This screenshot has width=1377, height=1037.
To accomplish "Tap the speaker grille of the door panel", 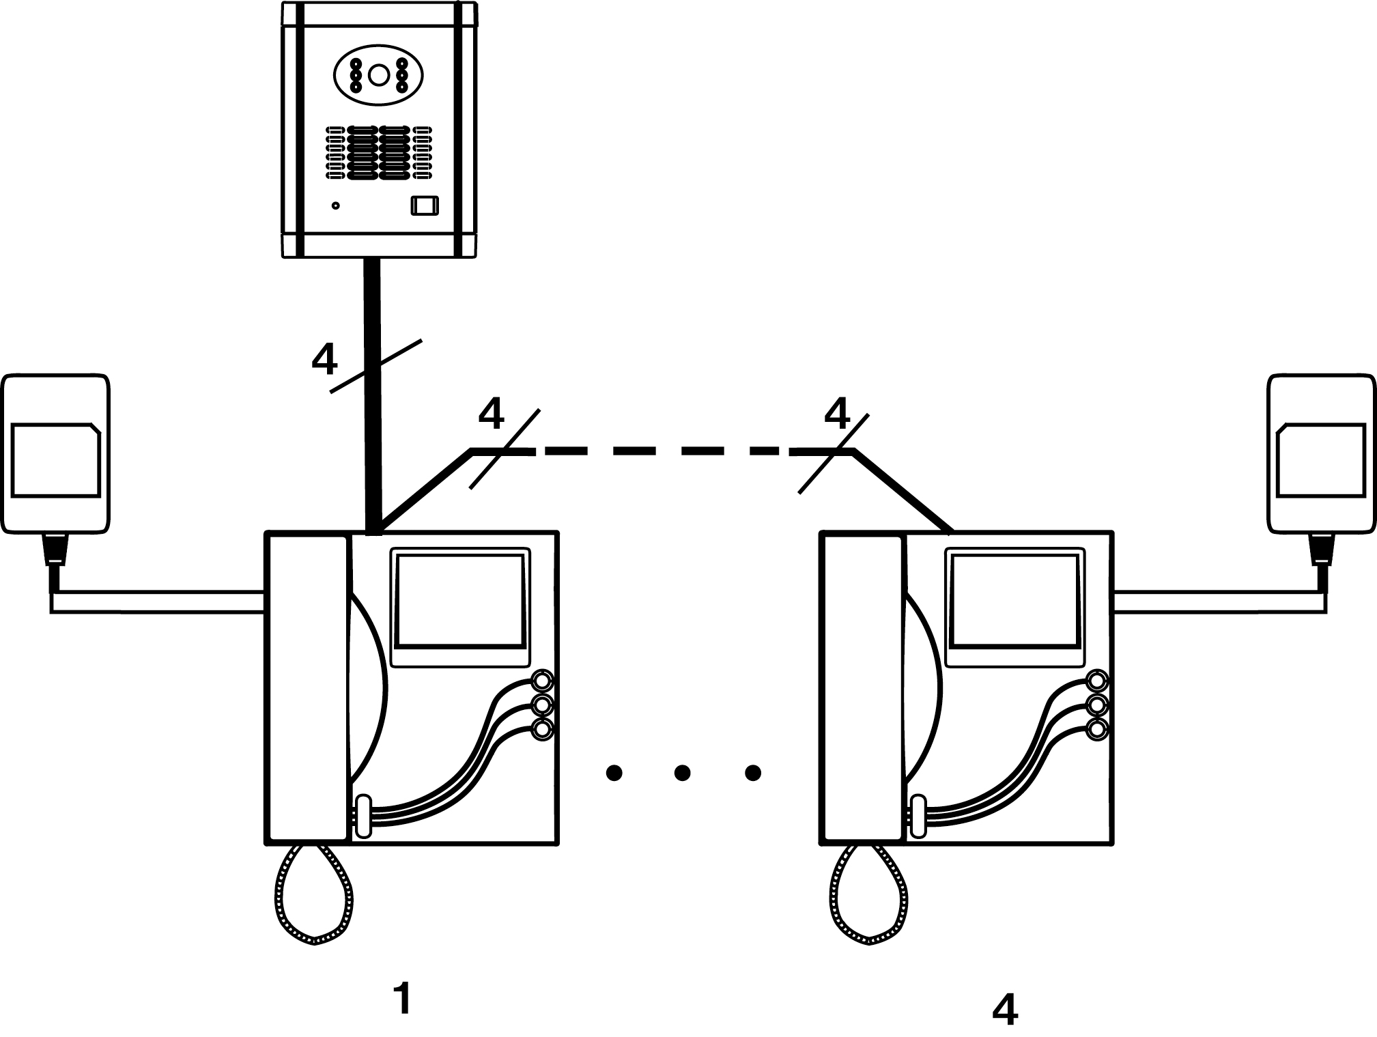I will point(378,152).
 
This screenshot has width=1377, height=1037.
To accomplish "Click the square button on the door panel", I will point(424,206).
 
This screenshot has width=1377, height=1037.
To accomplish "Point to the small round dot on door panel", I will point(335,205).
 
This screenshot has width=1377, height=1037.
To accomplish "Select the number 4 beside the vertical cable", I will point(324,359).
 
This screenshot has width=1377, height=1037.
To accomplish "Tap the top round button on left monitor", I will point(543,681).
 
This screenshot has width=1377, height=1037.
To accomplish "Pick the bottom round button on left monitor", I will point(543,729).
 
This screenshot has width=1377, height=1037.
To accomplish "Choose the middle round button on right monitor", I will point(1097,705).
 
